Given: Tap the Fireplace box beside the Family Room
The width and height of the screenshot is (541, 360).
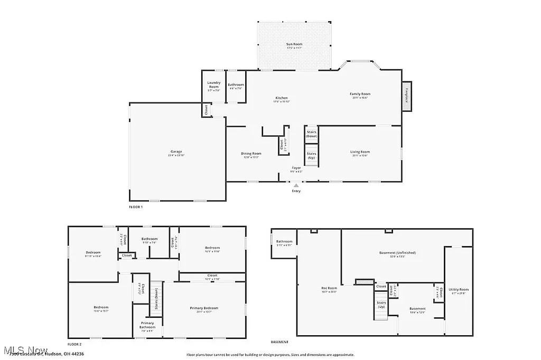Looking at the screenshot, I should coord(407,97).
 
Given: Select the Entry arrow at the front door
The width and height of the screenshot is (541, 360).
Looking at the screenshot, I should coord(296,186).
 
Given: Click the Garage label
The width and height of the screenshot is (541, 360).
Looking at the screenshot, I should coord(176,151).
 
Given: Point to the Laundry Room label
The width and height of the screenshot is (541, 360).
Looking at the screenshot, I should coord(214,84).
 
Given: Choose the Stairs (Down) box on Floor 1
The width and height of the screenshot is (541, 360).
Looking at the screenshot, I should coord(312,134).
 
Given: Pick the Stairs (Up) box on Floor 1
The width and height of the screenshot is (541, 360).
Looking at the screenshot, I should coord(312,156).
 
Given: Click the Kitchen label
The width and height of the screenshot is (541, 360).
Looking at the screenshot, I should coord(282,98).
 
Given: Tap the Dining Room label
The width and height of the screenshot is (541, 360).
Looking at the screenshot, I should coord(252,154).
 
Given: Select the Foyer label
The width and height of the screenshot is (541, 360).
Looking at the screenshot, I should coord(296,168).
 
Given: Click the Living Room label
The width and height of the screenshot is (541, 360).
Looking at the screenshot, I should coord(359,153).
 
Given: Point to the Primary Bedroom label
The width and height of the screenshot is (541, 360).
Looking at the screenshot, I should coord(204,308).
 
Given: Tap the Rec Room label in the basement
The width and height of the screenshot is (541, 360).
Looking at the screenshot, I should coord(329,289).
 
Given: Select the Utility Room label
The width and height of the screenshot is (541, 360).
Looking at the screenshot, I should coord(458,290).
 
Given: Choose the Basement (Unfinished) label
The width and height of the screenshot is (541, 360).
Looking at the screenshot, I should coord(397,253).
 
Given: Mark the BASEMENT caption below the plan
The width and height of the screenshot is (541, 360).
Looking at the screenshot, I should coord(280,342).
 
